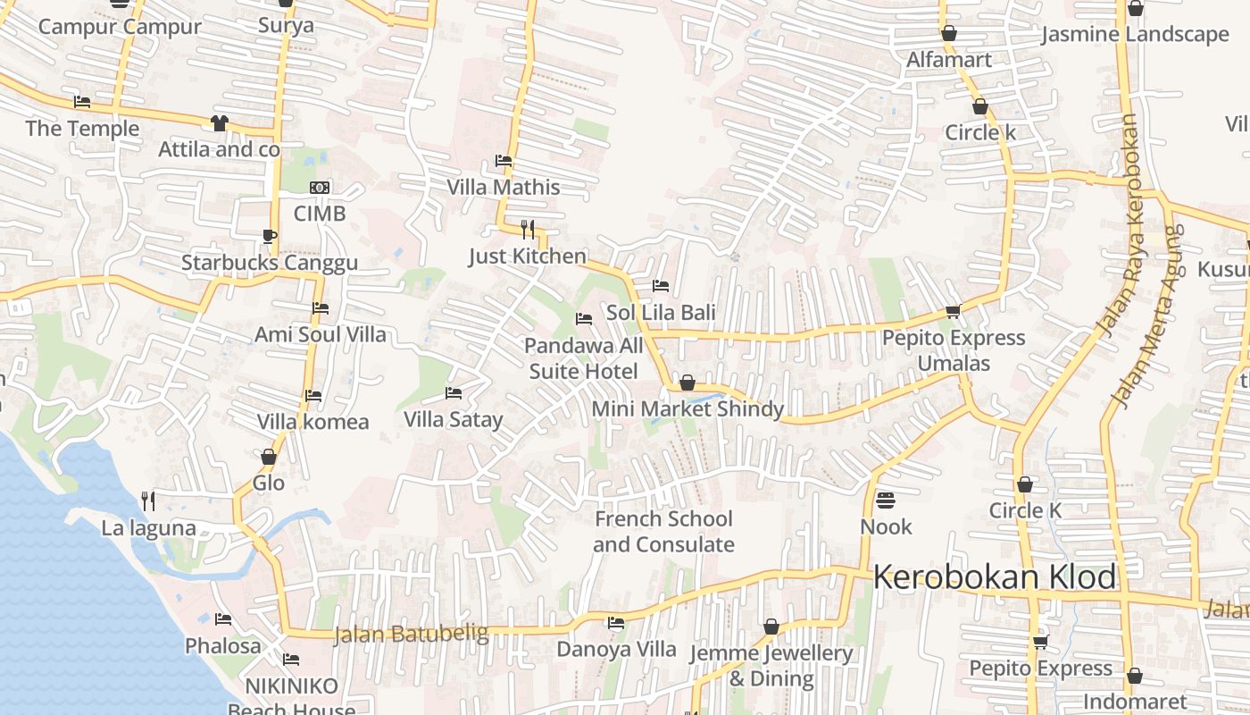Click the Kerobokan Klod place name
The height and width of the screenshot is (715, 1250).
coord(994,577)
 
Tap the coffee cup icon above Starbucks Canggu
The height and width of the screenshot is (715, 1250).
coord(269,237)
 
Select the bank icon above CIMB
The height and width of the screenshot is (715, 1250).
coord(320,188)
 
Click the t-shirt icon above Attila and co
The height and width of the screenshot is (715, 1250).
coord(219,123)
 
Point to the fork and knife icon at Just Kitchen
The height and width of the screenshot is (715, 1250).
coord(528,230)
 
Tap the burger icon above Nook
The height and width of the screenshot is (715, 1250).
coord(886,500)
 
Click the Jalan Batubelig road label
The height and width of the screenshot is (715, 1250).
coord(411,635)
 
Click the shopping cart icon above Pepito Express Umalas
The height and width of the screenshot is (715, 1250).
coord(953,312)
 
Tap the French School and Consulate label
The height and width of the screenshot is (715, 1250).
coord(663,532)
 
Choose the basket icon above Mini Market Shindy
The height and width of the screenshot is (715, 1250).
coord(687,383)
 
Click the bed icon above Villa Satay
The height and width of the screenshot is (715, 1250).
coord(454,393)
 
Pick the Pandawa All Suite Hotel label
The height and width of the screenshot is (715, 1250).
coord(583,358)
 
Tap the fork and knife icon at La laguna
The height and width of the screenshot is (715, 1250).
coord(148,501)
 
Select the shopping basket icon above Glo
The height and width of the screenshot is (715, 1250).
coord(268,458)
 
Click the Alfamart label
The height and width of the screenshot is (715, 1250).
coord(949,60)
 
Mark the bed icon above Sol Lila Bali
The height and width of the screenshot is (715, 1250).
coord(661,286)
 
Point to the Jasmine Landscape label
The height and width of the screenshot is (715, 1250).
coord(1135,35)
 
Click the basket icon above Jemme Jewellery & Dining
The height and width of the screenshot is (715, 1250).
coord(771,627)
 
